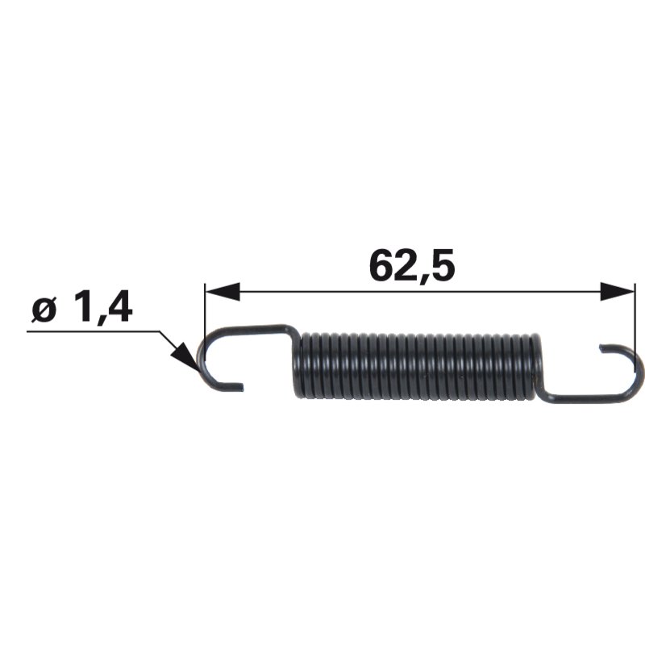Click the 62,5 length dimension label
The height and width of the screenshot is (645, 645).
click(x=412, y=265)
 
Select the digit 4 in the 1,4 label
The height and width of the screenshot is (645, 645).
click(x=118, y=306)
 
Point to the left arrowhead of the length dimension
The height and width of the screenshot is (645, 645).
click(x=223, y=292)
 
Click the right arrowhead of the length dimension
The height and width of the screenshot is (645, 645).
click(x=618, y=292)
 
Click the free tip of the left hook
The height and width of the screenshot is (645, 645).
click(x=241, y=386)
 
